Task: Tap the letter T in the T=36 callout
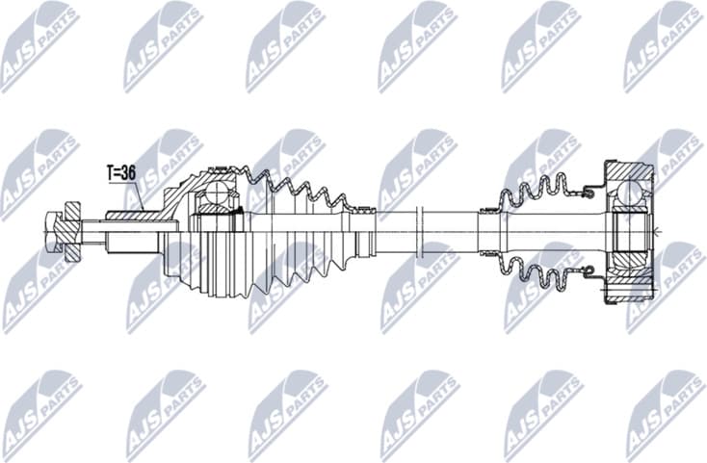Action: pyautogui.click(x=111, y=174)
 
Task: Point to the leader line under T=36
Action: pyautogui.click(x=138, y=197)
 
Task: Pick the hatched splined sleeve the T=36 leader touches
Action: pyautogui.click(x=125, y=215)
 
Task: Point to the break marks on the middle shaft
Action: pyautogui.click(x=422, y=231)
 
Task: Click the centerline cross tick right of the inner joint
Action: pyautogui.click(x=657, y=231)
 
